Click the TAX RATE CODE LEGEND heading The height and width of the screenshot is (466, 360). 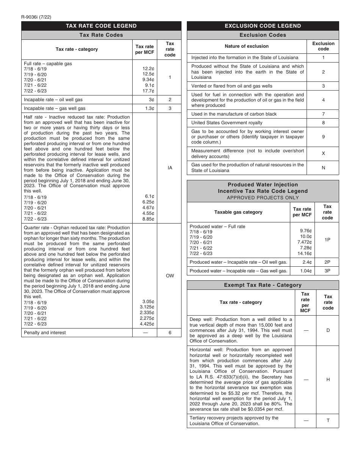point(101,26)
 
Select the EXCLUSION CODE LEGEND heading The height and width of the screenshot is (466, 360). point(263,26)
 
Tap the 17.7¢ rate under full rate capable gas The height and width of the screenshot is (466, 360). point(148,91)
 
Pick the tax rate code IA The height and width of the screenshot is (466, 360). point(170,167)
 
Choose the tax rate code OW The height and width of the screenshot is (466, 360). point(170,276)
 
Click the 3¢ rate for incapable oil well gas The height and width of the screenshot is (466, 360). point(152,100)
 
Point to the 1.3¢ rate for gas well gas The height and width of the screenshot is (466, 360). point(150,108)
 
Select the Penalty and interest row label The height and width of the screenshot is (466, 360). point(45,333)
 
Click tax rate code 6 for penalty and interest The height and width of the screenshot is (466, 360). point(170,333)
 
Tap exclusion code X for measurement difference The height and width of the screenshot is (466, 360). point(323,153)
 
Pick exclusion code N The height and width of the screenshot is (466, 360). point(323,168)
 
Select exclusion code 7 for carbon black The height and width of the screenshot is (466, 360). point(323,114)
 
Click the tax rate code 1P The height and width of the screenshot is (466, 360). point(327,240)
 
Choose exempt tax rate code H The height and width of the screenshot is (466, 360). point(328,380)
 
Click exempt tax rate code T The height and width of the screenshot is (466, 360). point(328,421)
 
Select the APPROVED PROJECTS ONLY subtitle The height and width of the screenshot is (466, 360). point(263,197)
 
